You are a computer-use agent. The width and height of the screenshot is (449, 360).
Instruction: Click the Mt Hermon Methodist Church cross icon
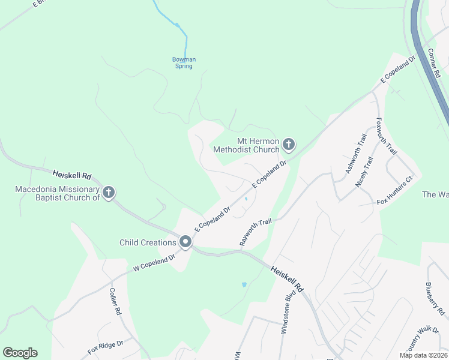(x=289, y=144)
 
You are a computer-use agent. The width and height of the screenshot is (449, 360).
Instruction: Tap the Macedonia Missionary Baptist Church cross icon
(x=109, y=193)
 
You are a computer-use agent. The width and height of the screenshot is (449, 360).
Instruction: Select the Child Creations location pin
(x=185, y=242)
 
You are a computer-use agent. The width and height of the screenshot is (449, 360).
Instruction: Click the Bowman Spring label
(x=184, y=62)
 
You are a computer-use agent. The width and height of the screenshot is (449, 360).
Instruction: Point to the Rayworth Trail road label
(x=256, y=232)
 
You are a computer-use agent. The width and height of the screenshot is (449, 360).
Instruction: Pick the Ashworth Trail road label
(x=355, y=154)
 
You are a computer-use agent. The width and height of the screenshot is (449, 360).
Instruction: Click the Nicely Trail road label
(x=365, y=172)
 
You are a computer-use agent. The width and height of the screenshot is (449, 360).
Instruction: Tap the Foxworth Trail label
(x=385, y=135)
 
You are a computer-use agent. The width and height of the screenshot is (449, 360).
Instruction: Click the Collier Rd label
(x=115, y=302)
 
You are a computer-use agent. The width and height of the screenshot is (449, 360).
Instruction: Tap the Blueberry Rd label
(x=436, y=298)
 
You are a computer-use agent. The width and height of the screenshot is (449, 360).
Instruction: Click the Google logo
(x=20, y=353)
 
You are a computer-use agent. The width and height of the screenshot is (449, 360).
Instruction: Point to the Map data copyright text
(x=423, y=355)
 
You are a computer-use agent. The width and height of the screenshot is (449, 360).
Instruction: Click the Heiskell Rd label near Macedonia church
(x=71, y=175)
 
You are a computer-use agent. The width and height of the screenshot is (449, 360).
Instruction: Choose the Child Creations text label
(x=148, y=242)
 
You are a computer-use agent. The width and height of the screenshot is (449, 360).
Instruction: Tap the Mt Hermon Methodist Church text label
(x=247, y=145)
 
